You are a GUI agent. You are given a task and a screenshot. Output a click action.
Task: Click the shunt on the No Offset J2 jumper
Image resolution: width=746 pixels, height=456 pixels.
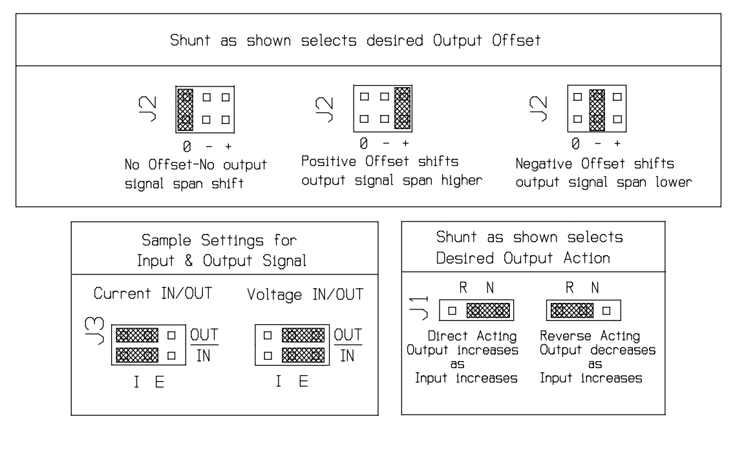click(x=186, y=109)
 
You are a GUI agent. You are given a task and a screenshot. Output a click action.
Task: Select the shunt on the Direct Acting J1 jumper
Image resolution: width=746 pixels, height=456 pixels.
click(x=487, y=310)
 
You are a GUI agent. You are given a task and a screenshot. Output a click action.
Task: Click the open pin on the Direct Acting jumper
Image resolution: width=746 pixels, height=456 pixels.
click(x=453, y=310)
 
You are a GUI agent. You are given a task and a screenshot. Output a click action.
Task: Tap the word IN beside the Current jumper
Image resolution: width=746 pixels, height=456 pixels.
click(x=201, y=355)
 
